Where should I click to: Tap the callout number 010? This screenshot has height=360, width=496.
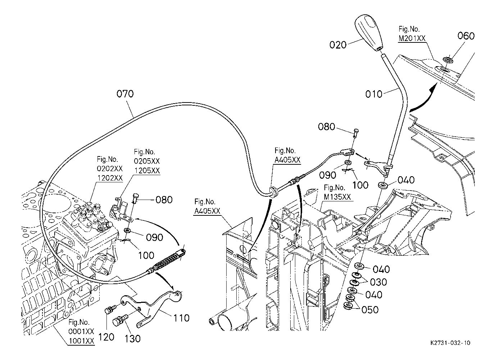click(374, 94)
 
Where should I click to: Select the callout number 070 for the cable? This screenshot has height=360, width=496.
click(125, 94)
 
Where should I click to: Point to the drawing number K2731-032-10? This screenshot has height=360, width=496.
click(450, 343)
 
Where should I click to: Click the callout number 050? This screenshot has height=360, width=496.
click(370, 310)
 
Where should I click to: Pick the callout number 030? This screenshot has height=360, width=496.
click(378, 282)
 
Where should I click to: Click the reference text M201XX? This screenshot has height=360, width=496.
click(412, 38)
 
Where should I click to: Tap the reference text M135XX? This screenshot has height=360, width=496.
click(337, 197)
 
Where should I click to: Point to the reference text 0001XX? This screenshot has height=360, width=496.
click(81, 332)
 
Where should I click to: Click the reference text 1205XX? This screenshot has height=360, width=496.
click(147, 170)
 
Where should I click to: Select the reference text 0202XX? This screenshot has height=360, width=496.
click(110, 168)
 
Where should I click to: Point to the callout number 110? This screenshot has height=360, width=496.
click(181, 318)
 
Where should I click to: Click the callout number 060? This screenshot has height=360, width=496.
click(466, 36)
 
